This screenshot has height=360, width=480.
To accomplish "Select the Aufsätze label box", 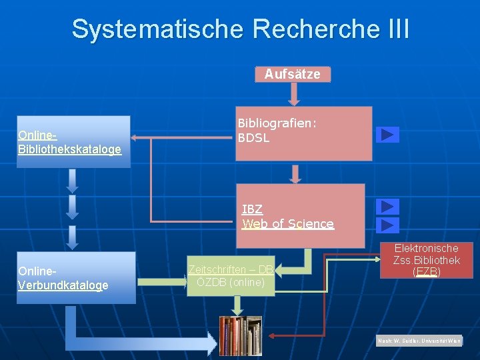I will (292, 74).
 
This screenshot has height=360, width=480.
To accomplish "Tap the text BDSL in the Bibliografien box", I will (253, 139).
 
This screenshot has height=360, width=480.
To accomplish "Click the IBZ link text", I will (252, 209).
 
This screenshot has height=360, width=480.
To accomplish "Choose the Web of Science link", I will (288, 224).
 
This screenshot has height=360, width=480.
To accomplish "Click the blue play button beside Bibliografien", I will (387, 135).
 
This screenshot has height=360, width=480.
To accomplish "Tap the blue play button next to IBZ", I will (387, 207).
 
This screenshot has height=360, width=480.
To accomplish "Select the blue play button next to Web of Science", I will (387, 225).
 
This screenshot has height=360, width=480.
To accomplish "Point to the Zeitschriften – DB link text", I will (230, 269).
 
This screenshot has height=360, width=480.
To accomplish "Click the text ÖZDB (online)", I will (230, 283).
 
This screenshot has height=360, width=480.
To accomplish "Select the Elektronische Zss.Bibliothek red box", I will (426, 260).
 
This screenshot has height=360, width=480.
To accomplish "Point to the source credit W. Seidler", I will (419, 341).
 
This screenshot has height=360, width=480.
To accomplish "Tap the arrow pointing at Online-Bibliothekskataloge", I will (136, 138).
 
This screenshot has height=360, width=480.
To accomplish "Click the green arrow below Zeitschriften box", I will (236, 305).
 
